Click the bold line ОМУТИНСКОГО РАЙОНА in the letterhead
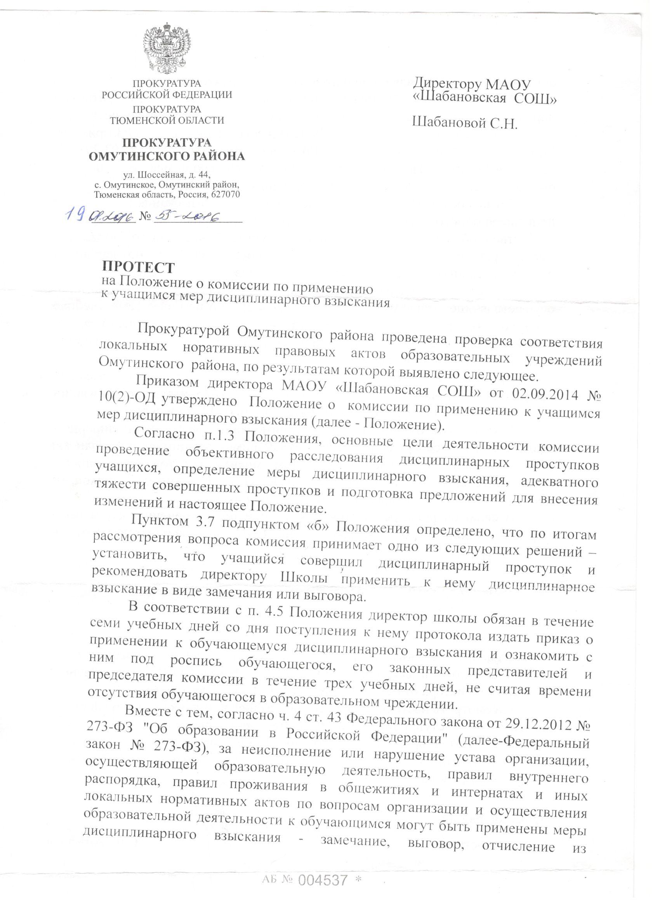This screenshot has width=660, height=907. (167, 156)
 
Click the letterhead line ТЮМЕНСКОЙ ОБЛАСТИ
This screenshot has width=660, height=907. (167, 119)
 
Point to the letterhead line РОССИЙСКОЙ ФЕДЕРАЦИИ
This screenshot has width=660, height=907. (167, 95)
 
